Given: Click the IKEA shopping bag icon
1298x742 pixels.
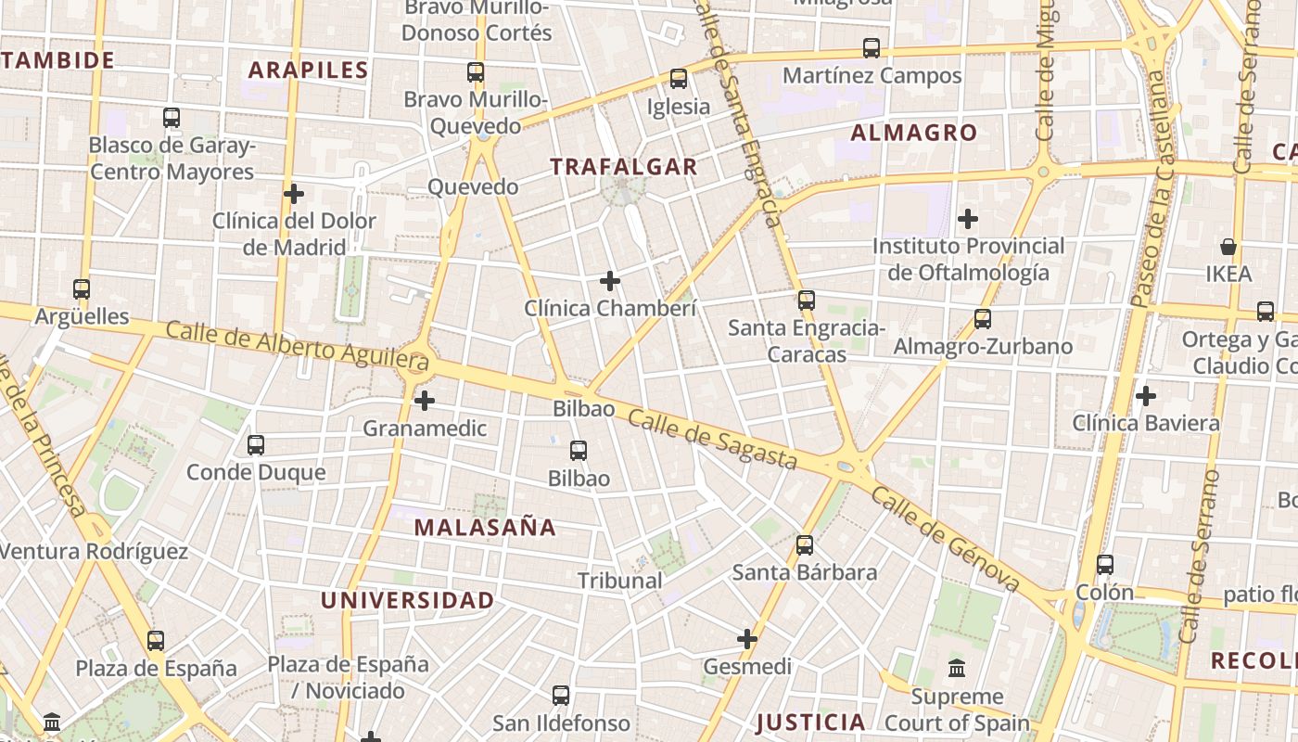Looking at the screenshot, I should (x=1228, y=247).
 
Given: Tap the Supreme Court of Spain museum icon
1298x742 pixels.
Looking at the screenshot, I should (x=957, y=668).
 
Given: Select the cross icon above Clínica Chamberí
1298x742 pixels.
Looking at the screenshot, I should (x=610, y=280).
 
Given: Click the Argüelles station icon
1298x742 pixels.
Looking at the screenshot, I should (x=82, y=289).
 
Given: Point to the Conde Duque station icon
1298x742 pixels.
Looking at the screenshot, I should (x=256, y=445).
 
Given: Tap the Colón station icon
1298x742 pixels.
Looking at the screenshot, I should (x=1105, y=564).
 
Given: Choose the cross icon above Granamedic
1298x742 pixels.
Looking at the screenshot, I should (x=425, y=401).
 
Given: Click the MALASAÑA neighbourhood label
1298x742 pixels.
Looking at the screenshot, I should (x=485, y=528).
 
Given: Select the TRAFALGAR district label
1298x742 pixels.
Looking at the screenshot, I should (x=623, y=167).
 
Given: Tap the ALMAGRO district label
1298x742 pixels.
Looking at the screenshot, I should (x=914, y=133).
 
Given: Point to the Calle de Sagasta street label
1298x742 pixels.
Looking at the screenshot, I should (x=712, y=440).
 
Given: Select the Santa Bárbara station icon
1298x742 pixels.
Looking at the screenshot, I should (x=805, y=545).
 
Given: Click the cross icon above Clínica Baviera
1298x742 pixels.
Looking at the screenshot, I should (x=1146, y=396).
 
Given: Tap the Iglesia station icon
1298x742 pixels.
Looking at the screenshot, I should (x=679, y=79).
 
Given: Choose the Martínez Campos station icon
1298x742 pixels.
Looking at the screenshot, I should (x=872, y=48).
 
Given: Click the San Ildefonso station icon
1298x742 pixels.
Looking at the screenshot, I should (x=561, y=696).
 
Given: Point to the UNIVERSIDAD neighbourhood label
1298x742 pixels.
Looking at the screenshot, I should (x=408, y=600).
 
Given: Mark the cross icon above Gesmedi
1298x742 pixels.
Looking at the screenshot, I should (x=747, y=639).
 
